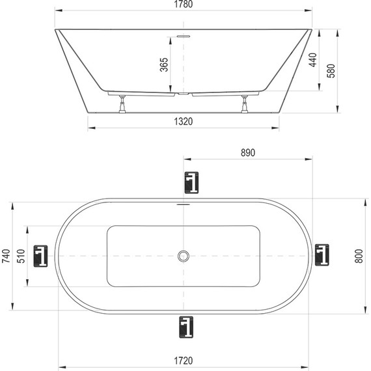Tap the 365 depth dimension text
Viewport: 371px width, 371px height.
click(x=164, y=65)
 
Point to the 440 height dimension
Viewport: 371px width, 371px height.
click(x=312, y=61)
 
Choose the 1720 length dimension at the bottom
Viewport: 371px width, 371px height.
click(x=185, y=359)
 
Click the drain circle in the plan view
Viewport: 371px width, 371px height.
click(x=184, y=256)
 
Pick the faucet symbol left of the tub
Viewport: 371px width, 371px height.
click(x=41, y=256)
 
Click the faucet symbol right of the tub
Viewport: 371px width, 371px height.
click(x=322, y=254)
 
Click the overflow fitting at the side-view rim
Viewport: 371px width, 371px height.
click(x=184, y=36)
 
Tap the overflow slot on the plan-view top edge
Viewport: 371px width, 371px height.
click(x=184, y=204)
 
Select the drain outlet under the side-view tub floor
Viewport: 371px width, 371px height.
click(x=184, y=94)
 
